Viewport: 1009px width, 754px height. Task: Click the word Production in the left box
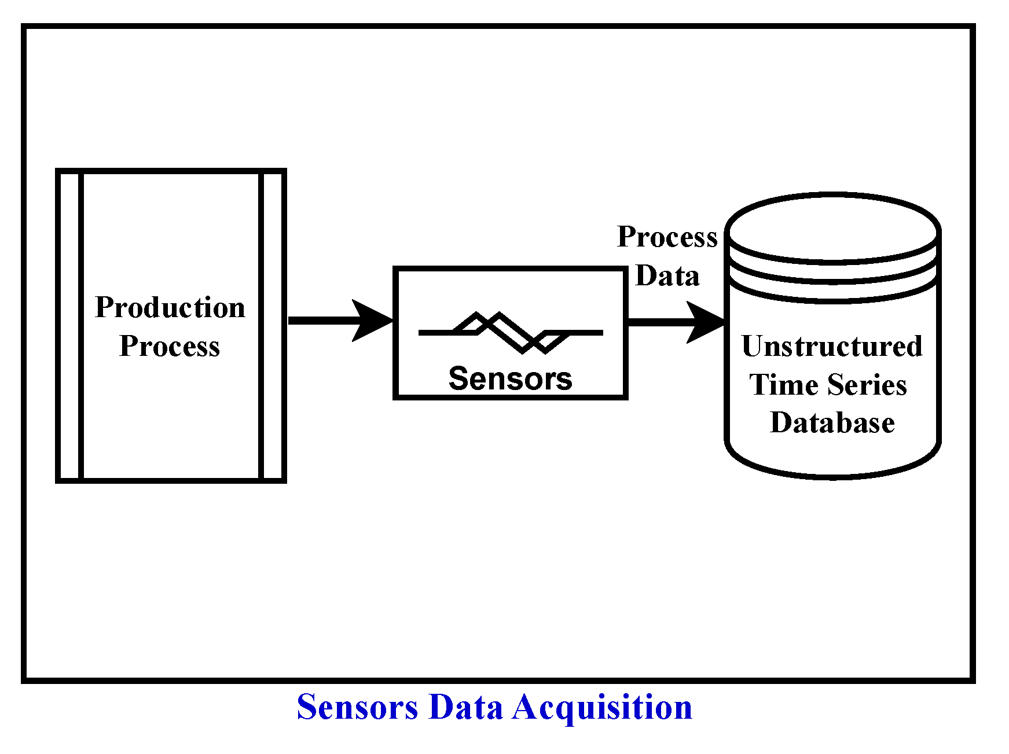click(170, 307)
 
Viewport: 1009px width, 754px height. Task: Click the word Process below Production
click(170, 346)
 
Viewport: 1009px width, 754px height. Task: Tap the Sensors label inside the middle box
click(510, 379)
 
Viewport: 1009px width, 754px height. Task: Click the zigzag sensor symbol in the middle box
click(510, 332)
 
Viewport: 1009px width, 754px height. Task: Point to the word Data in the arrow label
click(667, 276)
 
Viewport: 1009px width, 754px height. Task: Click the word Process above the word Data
click(667, 237)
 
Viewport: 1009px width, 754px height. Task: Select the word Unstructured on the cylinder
click(832, 347)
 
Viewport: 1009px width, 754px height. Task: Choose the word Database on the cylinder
click(832, 423)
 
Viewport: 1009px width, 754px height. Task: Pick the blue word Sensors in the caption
click(357, 708)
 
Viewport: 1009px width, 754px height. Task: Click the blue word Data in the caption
click(465, 708)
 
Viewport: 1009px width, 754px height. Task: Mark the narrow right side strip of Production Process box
click(272, 326)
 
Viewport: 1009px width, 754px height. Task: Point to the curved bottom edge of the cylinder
click(832, 476)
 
